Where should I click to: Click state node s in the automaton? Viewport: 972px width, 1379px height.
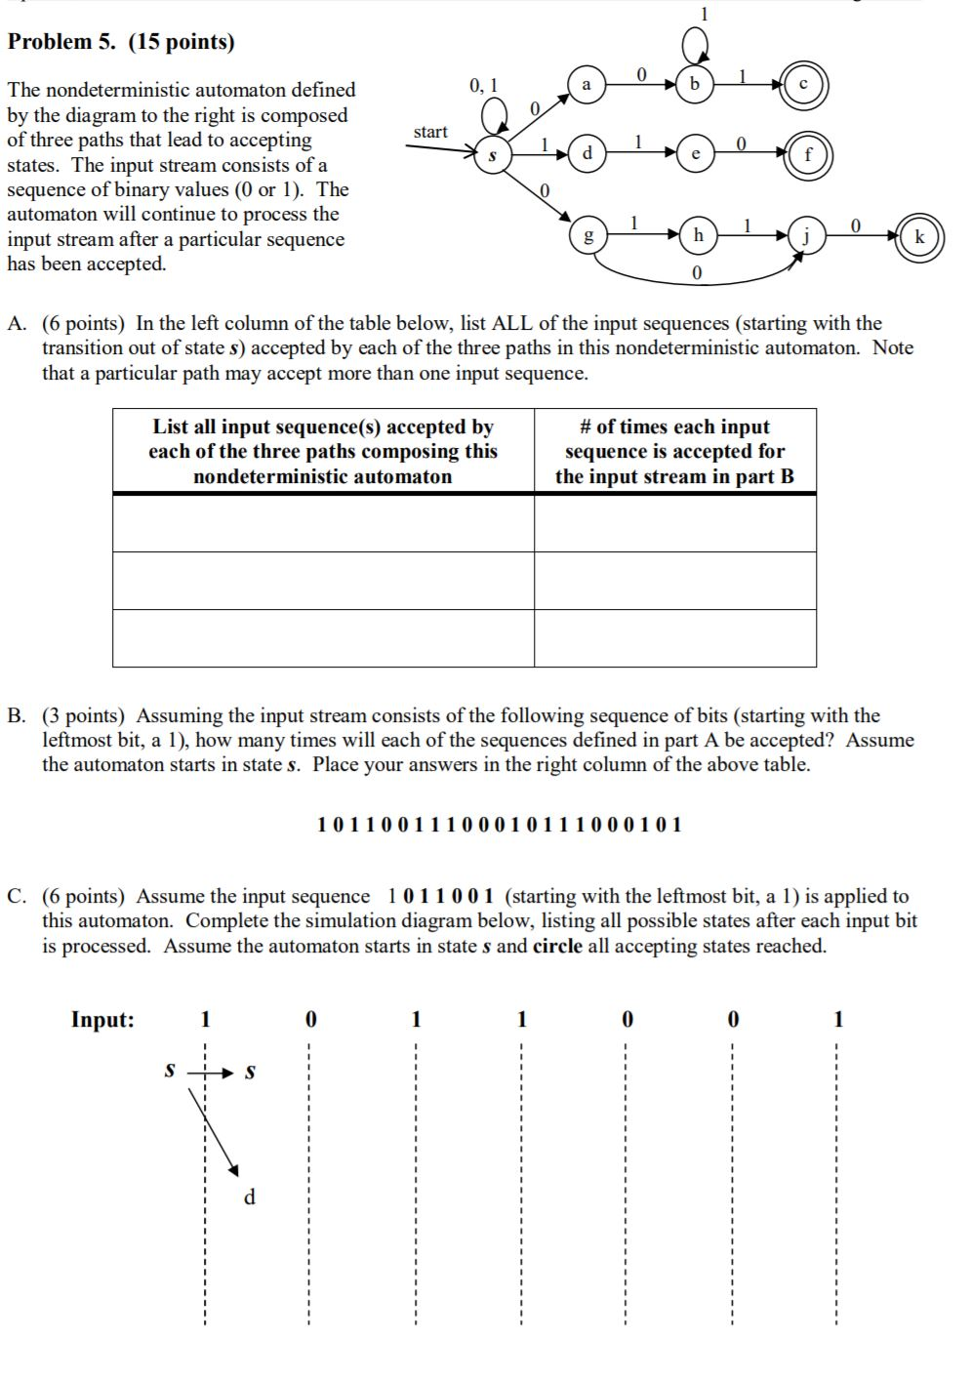[x=493, y=155]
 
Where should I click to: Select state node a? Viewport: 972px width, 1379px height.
[x=587, y=86]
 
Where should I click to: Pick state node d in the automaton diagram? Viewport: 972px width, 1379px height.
[x=587, y=154]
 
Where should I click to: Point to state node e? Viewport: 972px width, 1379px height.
[x=695, y=154]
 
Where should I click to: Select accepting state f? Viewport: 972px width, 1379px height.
[x=808, y=154]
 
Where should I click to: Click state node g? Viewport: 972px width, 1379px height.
[x=587, y=235]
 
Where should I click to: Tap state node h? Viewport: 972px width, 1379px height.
[x=698, y=235]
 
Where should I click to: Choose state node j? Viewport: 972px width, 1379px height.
[x=807, y=235]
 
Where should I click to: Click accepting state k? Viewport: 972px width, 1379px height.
[x=919, y=237]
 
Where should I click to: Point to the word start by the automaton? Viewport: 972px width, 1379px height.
[x=430, y=132]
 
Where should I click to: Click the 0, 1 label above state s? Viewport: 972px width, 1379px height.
[x=483, y=86]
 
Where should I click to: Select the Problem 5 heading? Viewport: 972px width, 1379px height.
[x=121, y=42]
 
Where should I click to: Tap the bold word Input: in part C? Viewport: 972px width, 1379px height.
[x=102, y=1020]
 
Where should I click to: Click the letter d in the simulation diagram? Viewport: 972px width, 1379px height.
[x=249, y=1196]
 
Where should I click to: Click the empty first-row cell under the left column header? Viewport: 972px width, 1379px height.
[x=323, y=524]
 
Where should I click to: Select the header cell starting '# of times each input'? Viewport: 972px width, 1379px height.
[x=674, y=452]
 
